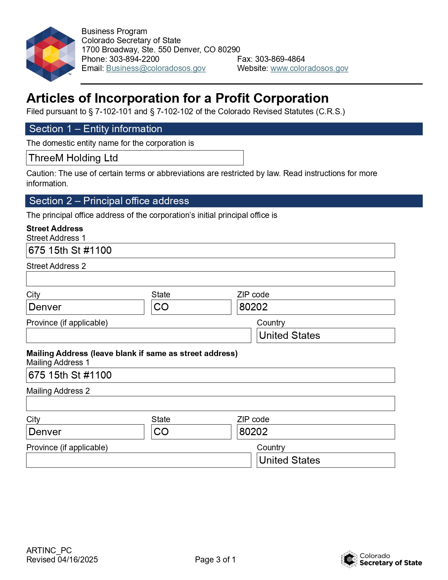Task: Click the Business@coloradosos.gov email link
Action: click(156, 68)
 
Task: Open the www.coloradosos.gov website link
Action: click(309, 68)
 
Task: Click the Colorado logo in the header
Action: click(51, 54)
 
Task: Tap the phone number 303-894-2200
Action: click(134, 59)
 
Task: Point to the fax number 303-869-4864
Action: click(280, 59)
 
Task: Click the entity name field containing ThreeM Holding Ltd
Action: click(135, 158)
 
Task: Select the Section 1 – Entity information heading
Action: click(96, 129)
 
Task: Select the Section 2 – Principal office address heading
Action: click(109, 201)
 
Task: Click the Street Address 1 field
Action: click(210, 251)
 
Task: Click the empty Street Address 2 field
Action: click(210, 279)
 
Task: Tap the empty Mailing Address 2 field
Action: click(210, 404)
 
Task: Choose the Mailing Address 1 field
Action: click(210, 375)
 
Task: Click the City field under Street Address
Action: click(85, 307)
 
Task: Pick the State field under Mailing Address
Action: click(191, 432)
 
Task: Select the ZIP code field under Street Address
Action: click(316, 307)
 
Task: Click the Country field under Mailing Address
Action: click(325, 460)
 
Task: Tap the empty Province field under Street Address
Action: click(138, 335)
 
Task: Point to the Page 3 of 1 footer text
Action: click(215, 560)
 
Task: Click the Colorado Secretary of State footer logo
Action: click(381, 559)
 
